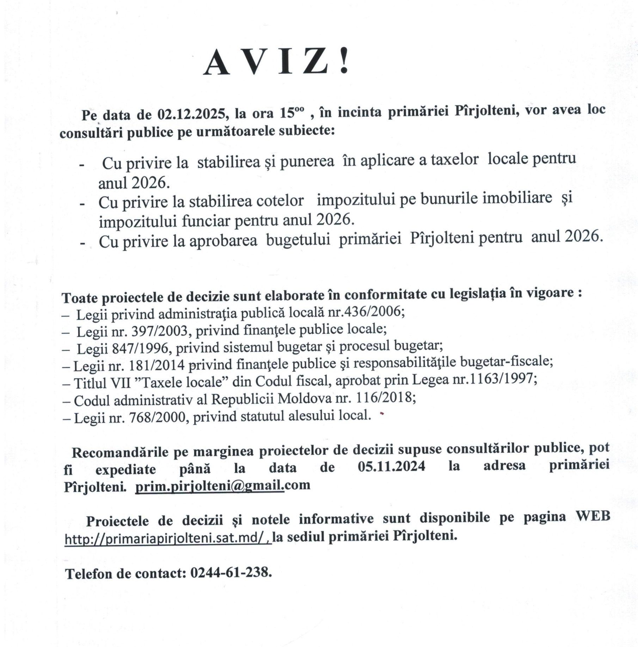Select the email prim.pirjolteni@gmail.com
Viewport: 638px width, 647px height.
(x=223, y=486)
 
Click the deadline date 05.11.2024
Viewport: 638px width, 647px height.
(x=391, y=466)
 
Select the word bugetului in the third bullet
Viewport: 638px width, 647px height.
(x=298, y=240)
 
